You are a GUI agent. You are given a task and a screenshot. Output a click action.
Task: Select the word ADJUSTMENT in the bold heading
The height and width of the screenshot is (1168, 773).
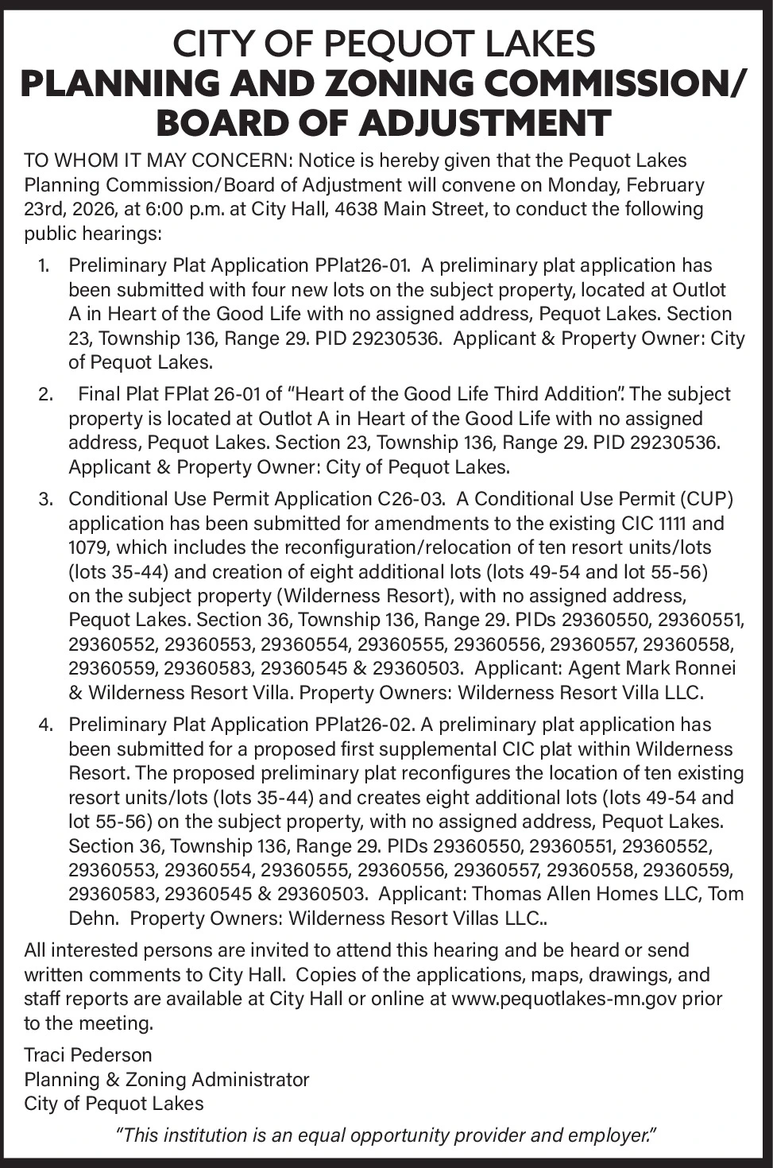point(484,123)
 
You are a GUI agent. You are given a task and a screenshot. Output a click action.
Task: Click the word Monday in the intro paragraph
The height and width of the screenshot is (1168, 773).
point(592,185)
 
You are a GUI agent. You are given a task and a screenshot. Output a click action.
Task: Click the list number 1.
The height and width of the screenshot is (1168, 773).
point(45,265)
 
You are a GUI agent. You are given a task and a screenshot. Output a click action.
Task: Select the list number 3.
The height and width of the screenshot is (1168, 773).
point(45,499)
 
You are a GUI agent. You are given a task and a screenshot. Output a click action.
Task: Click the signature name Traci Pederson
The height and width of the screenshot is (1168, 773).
point(87,1055)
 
